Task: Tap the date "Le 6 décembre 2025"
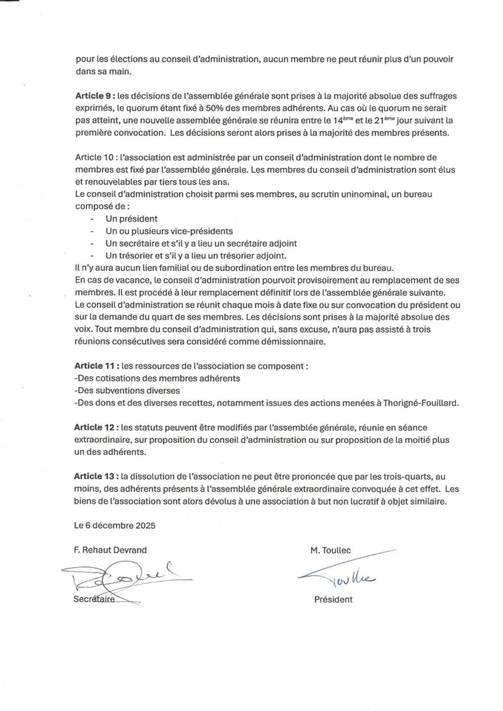click(115, 526)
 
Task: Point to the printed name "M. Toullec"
click(331, 551)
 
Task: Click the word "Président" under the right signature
click(333, 599)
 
